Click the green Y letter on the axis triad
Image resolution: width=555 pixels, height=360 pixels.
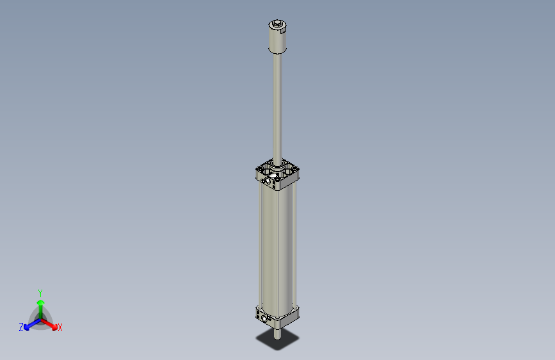point(40,292)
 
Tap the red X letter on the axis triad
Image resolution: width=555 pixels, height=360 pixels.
point(60,327)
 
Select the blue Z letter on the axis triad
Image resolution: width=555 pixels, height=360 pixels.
point(21,327)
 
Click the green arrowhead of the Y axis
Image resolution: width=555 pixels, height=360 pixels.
point(40,302)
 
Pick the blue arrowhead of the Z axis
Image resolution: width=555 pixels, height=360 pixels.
point(28,325)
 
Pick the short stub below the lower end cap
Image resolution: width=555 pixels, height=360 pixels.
point(277,332)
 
